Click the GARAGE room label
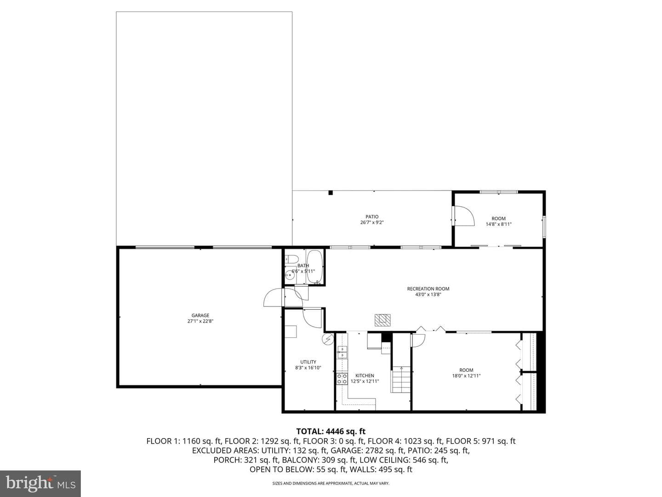point(200,316)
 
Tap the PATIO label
point(372,217)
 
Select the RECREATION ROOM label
point(428,289)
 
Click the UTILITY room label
point(308,362)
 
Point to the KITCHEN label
point(365,376)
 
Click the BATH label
point(303,266)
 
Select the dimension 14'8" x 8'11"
point(498,224)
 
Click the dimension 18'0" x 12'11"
point(466,376)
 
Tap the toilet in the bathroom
point(291,259)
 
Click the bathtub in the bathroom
point(315,267)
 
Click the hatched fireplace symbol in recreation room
point(382,320)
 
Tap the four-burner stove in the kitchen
point(342,379)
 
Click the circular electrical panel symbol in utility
point(328,339)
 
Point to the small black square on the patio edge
point(330,192)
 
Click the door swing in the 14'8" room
point(464,215)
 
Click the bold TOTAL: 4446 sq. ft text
point(331,431)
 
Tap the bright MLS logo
point(40,483)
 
